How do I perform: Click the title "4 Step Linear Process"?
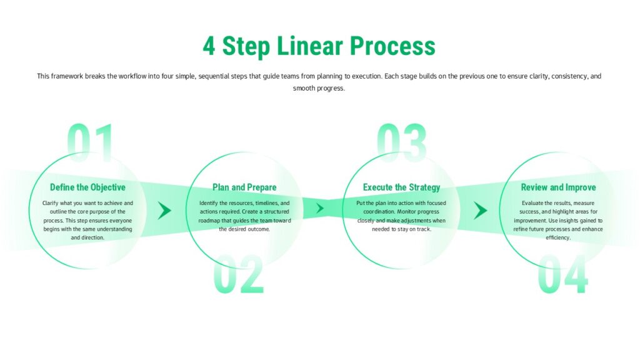(319, 46)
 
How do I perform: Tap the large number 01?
(91, 142)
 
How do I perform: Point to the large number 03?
(401, 142)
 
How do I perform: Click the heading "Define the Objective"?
(87, 187)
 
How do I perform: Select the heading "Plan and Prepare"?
(244, 187)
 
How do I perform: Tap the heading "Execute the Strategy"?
(401, 187)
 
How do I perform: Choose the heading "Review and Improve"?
(558, 187)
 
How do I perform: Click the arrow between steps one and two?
(164, 210)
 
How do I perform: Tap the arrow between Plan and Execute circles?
(320, 208)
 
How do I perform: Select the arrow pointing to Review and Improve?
(480, 210)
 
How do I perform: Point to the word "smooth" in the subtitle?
(304, 88)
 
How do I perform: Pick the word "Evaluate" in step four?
(535, 203)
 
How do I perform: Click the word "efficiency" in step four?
(558, 237)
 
